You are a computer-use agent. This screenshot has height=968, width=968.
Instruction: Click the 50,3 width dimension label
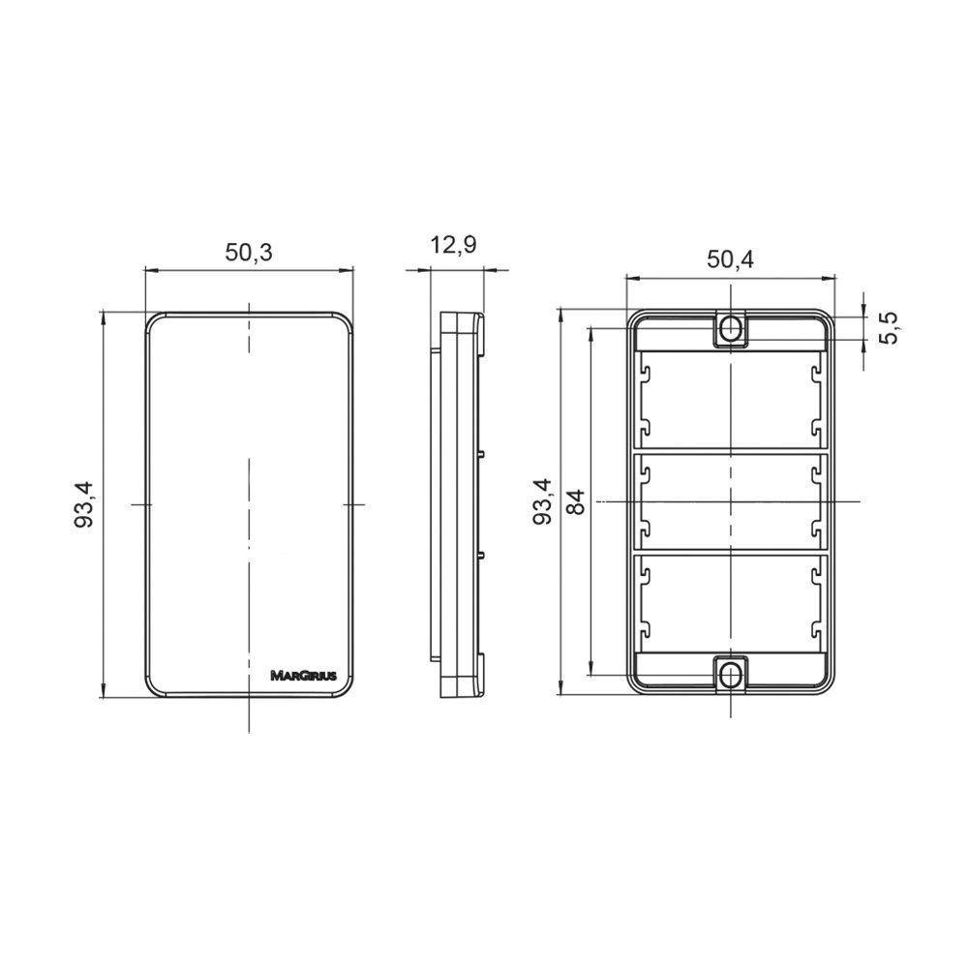pos(248,252)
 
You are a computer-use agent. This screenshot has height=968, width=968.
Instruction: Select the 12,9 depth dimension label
pos(454,245)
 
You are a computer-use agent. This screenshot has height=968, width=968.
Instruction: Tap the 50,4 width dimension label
pos(730,259)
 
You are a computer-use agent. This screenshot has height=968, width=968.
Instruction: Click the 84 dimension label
pos(575,501)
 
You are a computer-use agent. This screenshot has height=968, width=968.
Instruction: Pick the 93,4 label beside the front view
pos(83,503)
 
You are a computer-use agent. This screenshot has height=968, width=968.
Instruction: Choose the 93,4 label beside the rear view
pos(543,501)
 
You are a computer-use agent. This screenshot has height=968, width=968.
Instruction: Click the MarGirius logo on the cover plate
pos(304,676)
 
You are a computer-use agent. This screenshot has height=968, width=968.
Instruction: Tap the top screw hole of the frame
pos(730,328)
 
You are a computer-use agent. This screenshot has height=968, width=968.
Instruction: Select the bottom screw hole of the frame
pos(730,676)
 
